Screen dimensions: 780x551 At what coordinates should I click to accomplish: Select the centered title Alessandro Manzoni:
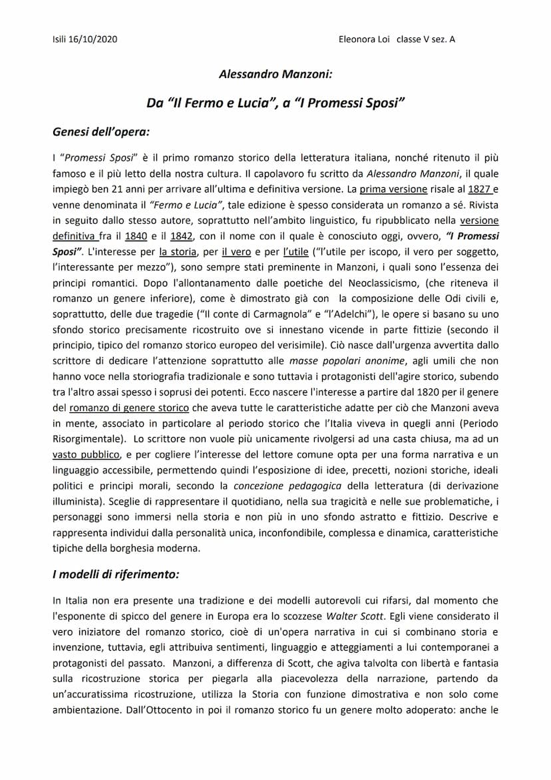[275, 75]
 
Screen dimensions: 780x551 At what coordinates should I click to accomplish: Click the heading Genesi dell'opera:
[101, 131]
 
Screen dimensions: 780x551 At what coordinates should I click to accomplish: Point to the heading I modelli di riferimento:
[116, 573]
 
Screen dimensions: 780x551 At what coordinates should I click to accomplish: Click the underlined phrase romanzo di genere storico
[128, 407]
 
